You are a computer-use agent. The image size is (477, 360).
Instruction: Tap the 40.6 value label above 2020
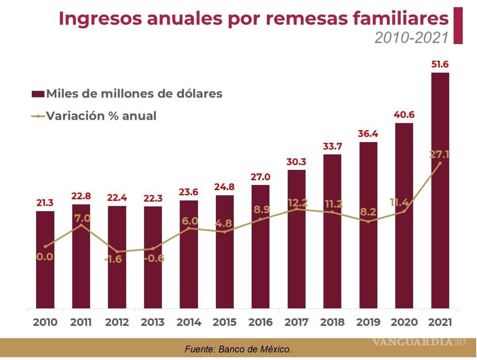(x=404, y=115)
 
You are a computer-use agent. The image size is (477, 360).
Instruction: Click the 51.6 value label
(x=440, y=64)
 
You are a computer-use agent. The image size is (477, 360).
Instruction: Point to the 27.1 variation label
(x=439, y=154)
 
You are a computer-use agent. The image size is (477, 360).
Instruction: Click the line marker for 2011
(x=81, y=225)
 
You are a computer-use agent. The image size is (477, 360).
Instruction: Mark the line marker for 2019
(x=368, y=222)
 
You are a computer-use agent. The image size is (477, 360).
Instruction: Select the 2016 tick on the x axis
(x=260, y=322)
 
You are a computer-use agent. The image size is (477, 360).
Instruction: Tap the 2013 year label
(x=153, y=322)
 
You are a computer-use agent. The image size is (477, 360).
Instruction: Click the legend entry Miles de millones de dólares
(x=127, y=94)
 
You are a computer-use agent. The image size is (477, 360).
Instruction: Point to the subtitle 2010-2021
(x=411, y=37)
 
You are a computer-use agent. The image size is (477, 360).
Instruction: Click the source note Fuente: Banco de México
(x=238, y=350)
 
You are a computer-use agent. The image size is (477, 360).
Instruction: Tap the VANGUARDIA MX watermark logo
(x=419, y=342)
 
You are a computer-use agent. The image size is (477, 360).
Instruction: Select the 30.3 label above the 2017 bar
(x=297, y=162)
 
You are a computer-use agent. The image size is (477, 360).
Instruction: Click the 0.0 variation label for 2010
(x=45, y=257)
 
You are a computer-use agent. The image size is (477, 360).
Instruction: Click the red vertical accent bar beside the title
(x=458, y=25)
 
